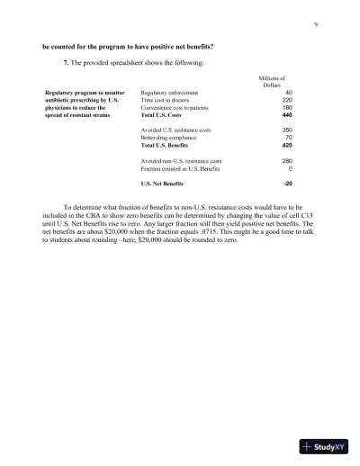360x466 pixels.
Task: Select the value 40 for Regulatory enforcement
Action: (288, 93)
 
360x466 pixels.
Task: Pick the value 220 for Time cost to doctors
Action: (286, 101)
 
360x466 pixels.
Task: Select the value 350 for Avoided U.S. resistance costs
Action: (286, 130)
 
